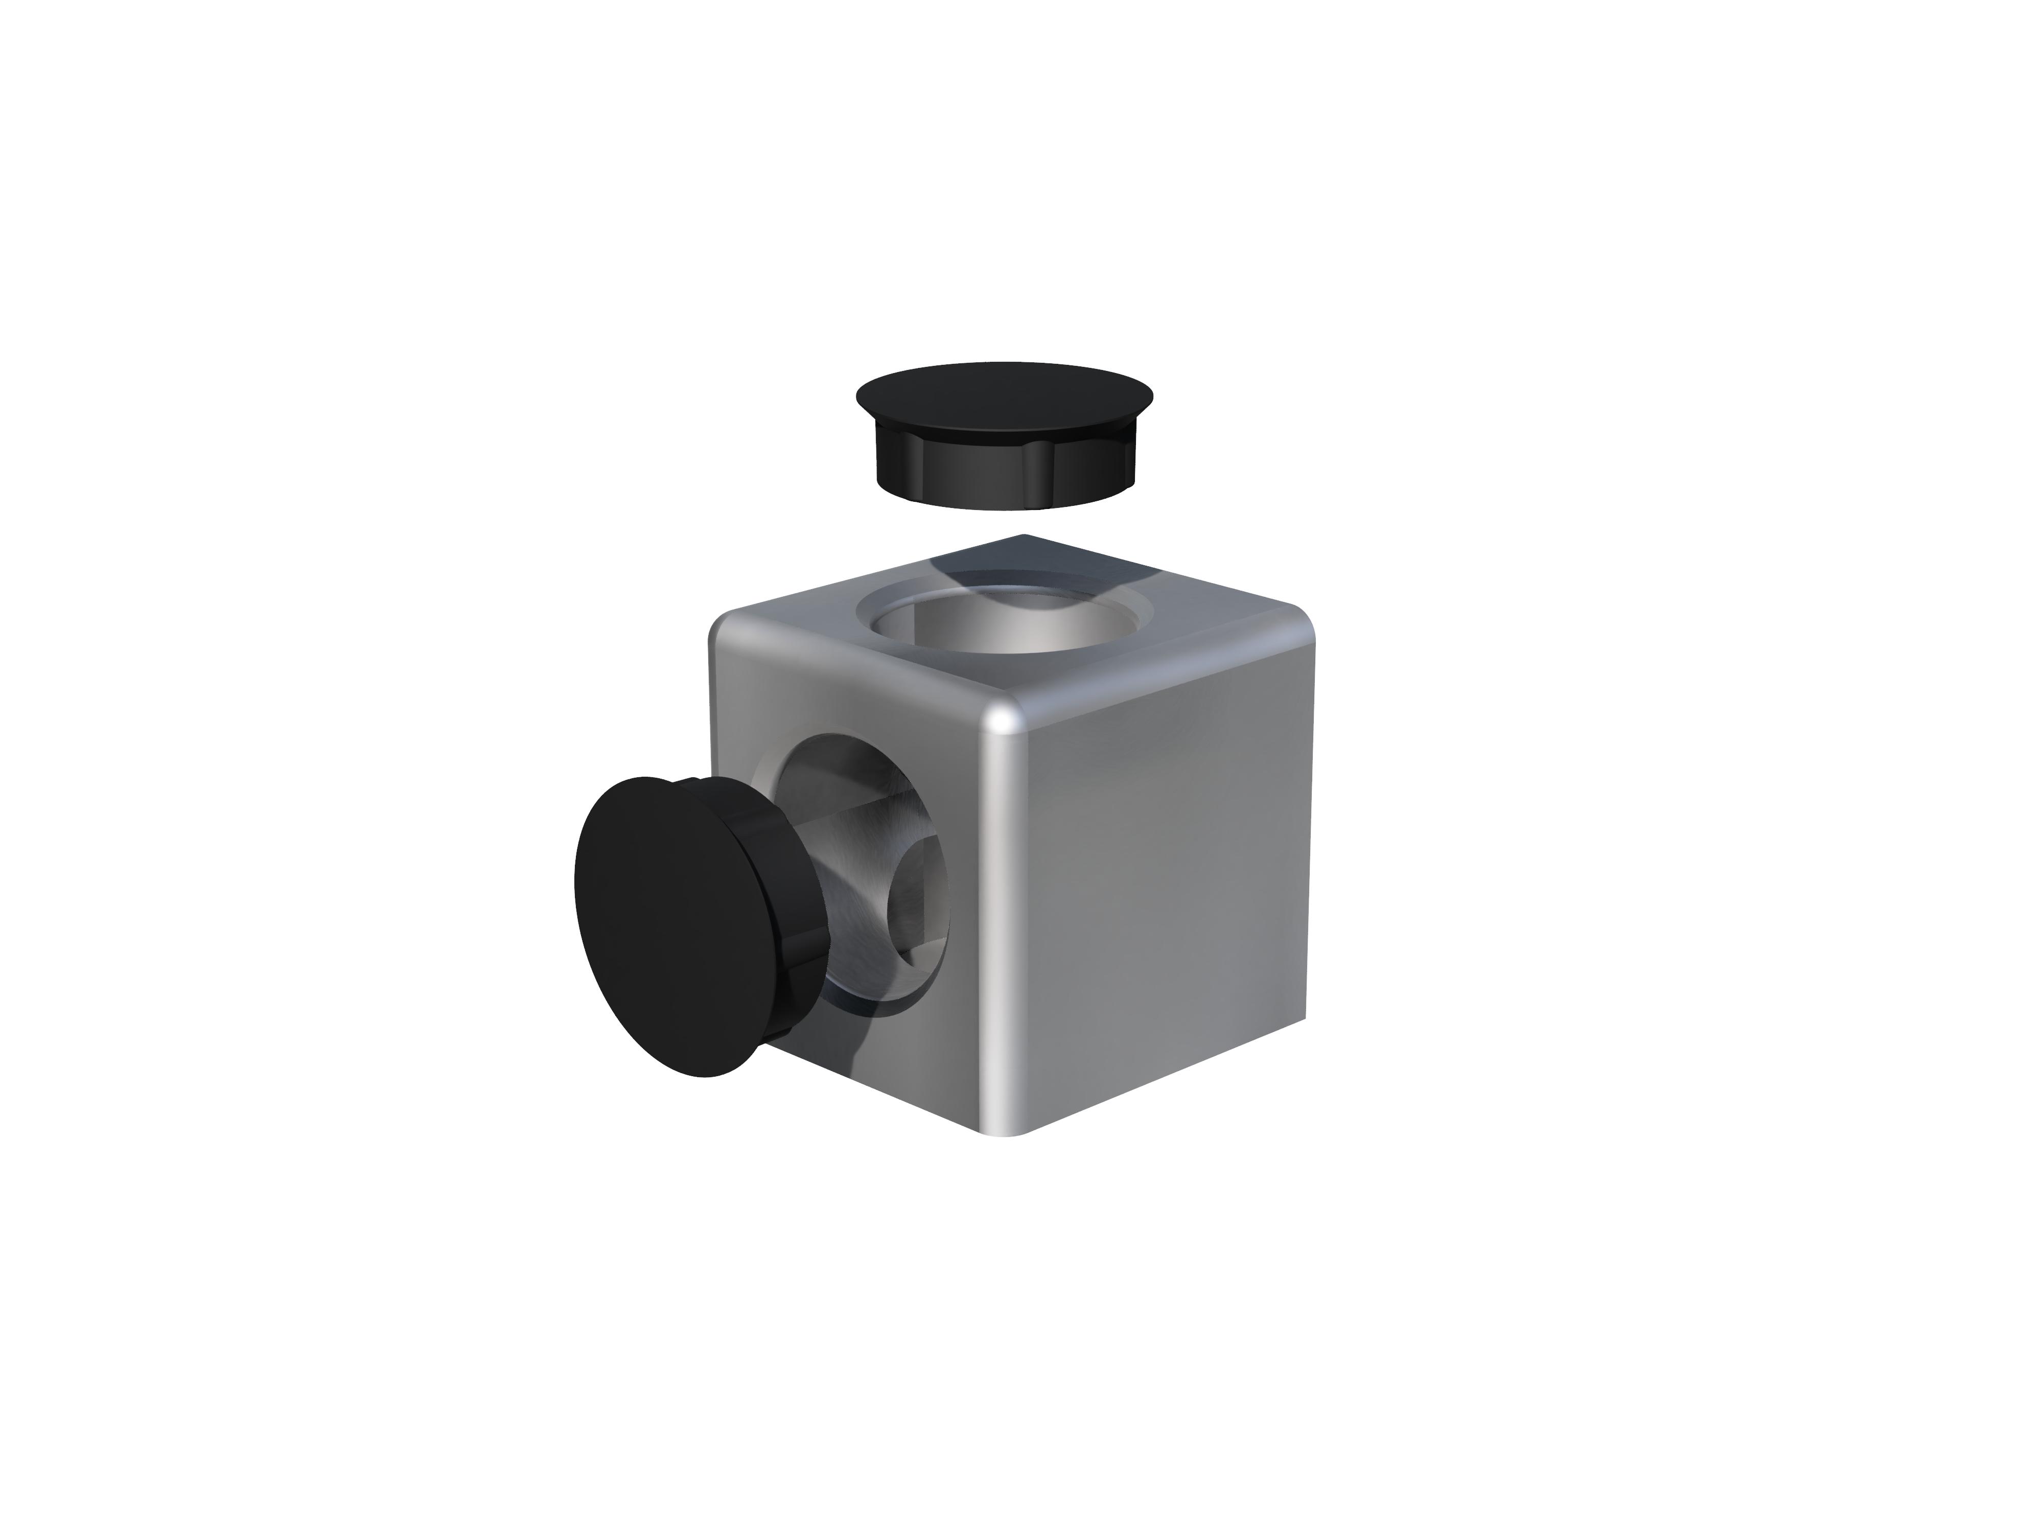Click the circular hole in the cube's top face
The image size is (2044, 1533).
coord(1005,629)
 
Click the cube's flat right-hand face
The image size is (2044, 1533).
coord(1164,887)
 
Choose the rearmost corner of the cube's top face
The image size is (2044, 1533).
coord(1021,536)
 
